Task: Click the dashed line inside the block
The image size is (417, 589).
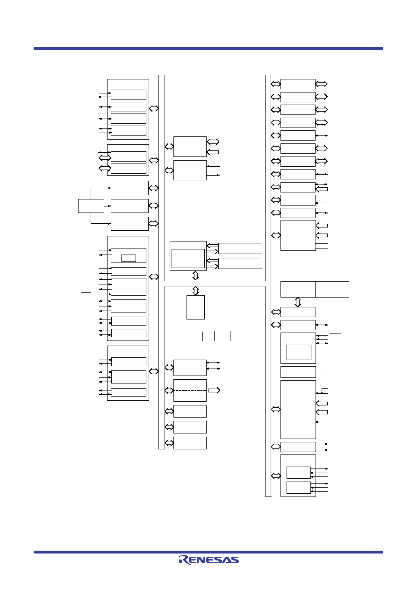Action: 190,390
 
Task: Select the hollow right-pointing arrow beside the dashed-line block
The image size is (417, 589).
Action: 214,390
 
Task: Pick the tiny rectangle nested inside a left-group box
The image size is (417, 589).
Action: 129,258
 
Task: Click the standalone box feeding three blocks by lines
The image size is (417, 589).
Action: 91,206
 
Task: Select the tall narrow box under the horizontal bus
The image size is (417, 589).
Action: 195,307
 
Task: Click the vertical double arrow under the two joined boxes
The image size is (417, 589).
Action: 297,302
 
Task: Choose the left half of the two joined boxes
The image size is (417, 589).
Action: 298,289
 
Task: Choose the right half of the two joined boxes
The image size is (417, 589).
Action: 332,289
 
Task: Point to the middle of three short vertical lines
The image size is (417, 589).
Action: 214,336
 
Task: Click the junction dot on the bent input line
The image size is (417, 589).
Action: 322,393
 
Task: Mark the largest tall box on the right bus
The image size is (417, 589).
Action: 298,410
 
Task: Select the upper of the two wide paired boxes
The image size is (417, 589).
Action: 240,248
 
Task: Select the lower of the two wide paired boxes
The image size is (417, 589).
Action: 240,263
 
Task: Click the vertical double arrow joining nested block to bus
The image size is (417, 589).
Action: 195,275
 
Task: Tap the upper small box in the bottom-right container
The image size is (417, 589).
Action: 299,473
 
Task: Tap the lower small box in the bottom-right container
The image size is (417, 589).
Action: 299,488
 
